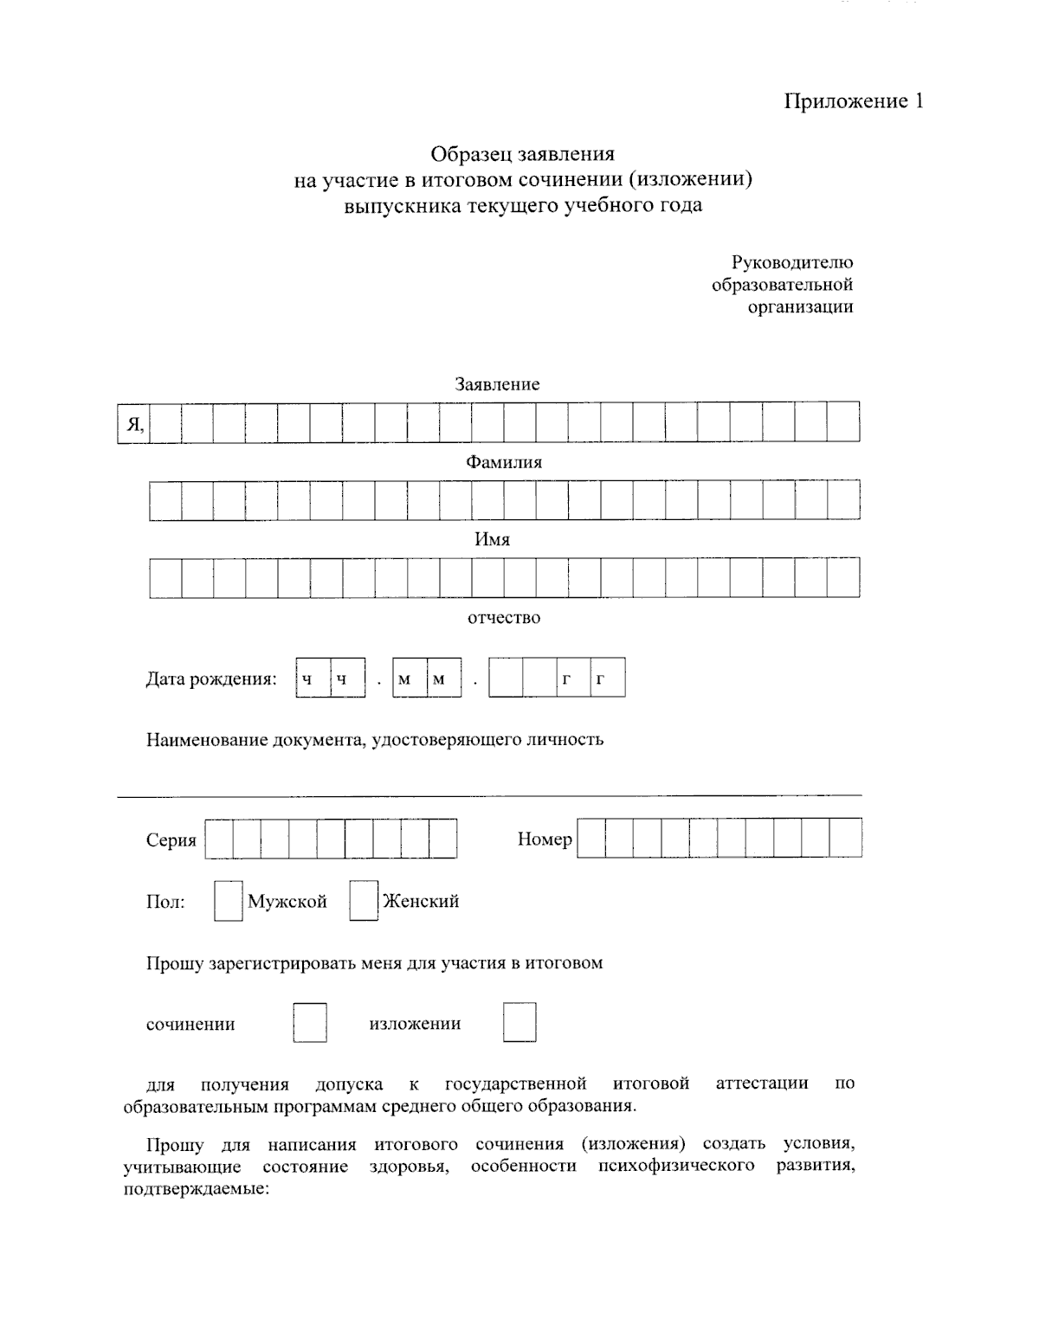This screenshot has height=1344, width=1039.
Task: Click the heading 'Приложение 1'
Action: [x=854, y=101]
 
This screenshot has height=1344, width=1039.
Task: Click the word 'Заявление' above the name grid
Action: [x=497, y=384]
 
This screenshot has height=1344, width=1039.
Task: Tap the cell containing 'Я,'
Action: [x=134, y=424]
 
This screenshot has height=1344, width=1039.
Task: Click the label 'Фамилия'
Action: [x=504, y=462]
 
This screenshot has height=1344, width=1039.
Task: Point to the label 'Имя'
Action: [x=492, y=539]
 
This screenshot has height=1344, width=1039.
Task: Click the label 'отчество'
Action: [x=504, y=618]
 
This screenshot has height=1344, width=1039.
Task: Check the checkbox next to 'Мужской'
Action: [x=229, y=901]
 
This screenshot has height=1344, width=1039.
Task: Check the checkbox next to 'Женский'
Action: [x=364, y=901]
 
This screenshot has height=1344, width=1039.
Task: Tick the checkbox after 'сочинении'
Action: [x=310, y=1023]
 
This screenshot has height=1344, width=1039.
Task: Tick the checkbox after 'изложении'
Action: [x=519, y=1023]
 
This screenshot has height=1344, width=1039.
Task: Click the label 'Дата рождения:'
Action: [x=210, y=678]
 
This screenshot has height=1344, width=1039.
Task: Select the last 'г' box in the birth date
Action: [x=607, y=678]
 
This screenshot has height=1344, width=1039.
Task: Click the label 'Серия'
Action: [x=171, y=840]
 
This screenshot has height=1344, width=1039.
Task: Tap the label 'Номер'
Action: [x=545, y=839]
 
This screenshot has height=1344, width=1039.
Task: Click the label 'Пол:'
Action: [x=165, y=903]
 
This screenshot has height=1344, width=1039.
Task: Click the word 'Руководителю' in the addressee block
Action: [x=791, y=262]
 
